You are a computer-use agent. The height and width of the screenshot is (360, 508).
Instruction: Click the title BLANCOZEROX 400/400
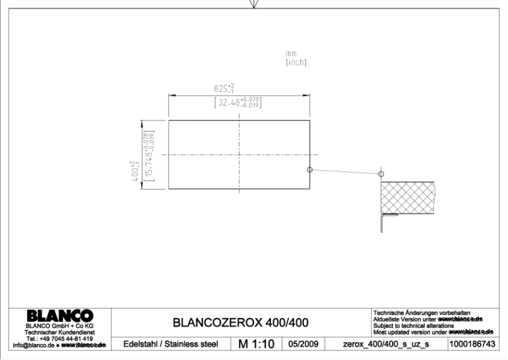point(241,323)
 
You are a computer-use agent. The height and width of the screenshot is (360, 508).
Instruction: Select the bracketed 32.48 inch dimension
point(239,101)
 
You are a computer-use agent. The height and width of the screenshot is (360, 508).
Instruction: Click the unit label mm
point(291,55)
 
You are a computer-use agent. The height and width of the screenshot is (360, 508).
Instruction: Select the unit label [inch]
point(296,62)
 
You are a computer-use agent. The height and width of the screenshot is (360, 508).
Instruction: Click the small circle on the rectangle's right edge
point(309,169)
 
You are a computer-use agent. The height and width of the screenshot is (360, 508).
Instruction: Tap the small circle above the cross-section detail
point(381,174)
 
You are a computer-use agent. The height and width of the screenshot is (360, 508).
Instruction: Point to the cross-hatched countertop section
point(407,198)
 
